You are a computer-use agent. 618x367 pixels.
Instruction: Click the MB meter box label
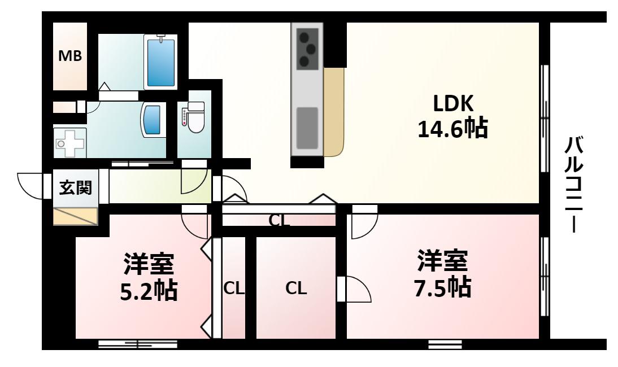[70, 56]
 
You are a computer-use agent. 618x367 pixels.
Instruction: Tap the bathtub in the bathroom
[160, 62]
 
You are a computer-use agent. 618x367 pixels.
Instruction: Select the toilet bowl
[196, 117]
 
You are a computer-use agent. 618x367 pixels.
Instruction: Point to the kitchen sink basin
[307, 128]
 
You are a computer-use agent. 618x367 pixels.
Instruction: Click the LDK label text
[453, 103]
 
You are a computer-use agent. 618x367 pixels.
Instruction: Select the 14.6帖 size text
[453, 128]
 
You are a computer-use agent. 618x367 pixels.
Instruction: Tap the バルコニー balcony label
[575, 184]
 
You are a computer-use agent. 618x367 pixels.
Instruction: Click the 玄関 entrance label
[76, 187]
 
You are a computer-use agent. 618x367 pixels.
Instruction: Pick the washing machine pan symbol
[70, 143]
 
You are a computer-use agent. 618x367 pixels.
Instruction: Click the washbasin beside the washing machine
[153, 120]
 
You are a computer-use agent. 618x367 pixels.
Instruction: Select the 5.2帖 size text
[148, 291]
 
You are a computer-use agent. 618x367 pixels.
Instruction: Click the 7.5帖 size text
[442, 287]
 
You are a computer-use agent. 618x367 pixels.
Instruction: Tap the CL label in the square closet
[296, 289]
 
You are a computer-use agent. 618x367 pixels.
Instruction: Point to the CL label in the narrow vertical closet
[234, 289]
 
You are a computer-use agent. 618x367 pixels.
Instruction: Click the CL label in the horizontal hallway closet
[279, 221]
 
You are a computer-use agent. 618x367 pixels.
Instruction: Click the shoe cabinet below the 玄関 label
[75, 216]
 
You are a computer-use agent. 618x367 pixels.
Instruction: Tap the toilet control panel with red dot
[184, 117]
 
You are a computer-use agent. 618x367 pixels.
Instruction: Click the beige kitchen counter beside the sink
[334, 112]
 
